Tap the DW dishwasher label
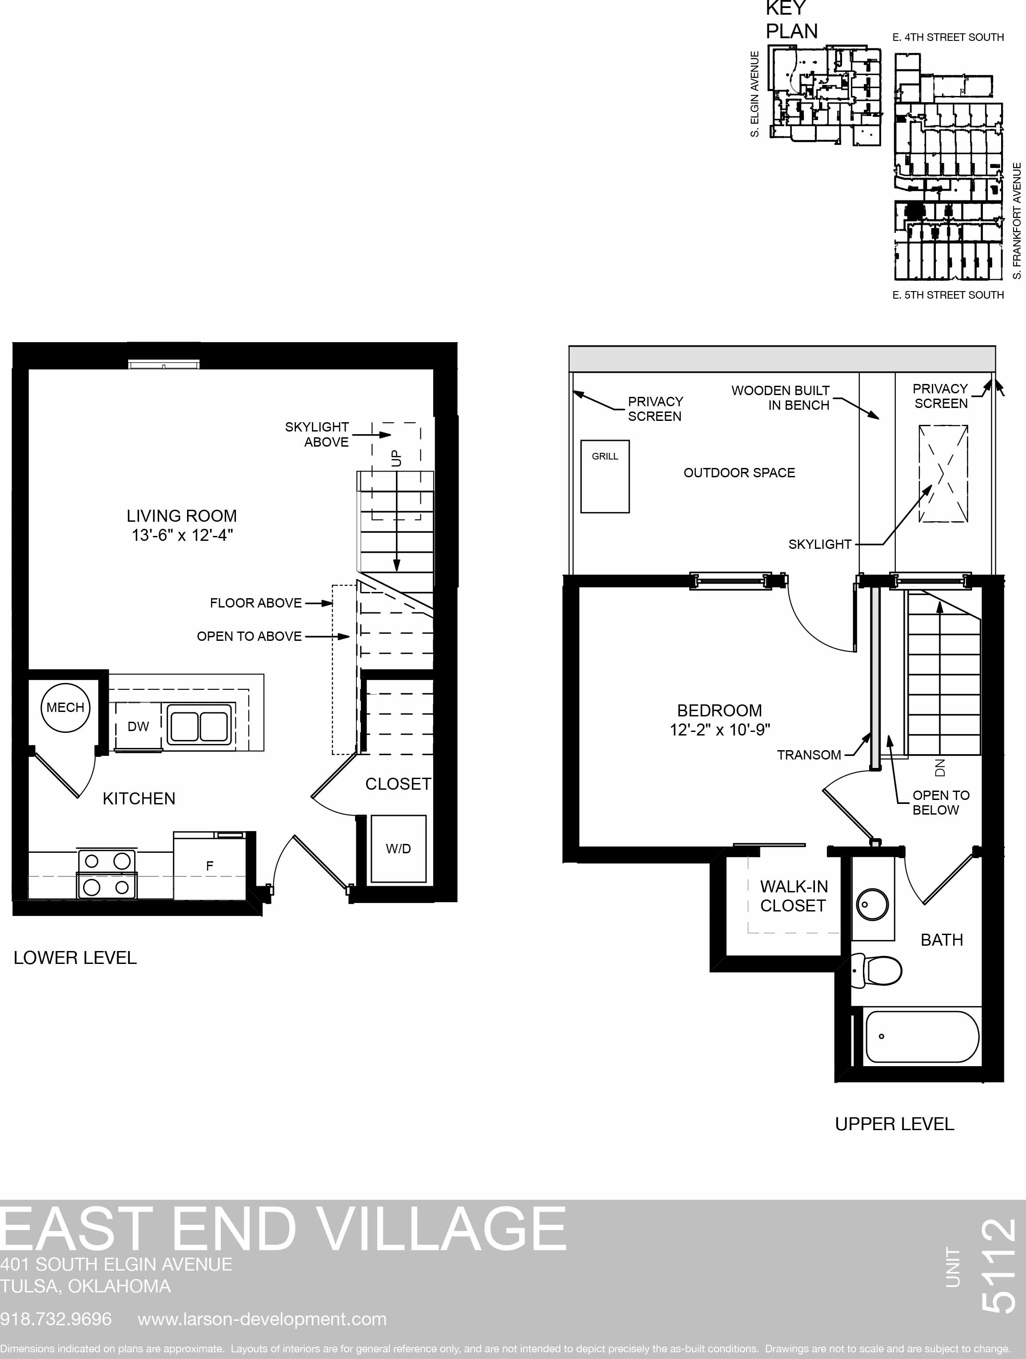138,726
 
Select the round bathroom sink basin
872,904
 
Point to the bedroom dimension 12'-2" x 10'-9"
720,729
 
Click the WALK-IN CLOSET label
794,896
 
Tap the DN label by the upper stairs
939,767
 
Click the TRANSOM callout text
809,755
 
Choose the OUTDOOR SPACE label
739,472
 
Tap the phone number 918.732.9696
56,1319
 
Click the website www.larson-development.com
262,1319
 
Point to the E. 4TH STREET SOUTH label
948,37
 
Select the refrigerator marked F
209,866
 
